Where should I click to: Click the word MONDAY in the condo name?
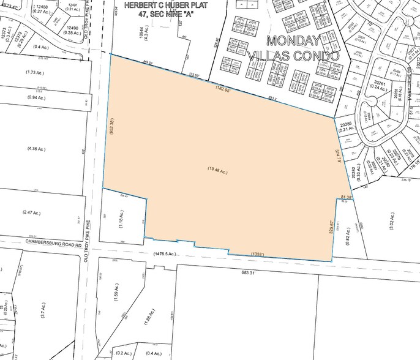pos(291,41)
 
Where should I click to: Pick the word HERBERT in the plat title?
pos(142,4)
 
